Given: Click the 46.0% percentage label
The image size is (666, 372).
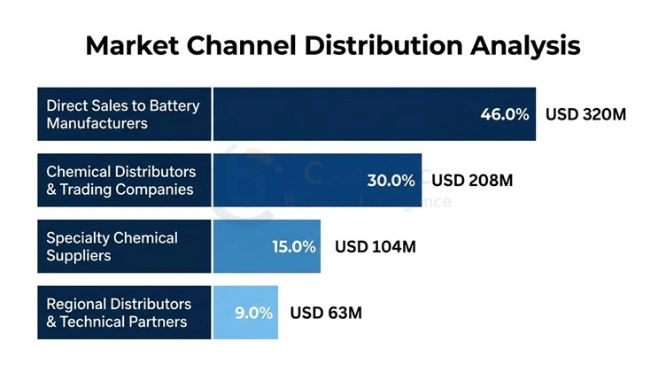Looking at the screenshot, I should tap(504, 114).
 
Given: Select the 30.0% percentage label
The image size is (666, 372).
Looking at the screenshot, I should tap(391, 181).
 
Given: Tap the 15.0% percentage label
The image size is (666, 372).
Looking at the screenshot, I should tap(293, 247).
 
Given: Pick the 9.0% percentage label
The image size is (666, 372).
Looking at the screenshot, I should tap(253, 313).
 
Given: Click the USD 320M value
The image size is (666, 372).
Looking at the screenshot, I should tap(586, 114).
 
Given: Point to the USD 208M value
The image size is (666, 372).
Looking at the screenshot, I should tap(472, 181).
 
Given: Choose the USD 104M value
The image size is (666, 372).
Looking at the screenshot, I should tap(375, 247).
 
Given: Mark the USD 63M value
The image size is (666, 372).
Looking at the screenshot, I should tap(326, 313).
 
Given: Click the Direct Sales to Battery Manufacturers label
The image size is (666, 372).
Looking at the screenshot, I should tap(123, 114).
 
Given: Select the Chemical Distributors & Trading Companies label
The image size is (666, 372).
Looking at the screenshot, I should tap(121, 181).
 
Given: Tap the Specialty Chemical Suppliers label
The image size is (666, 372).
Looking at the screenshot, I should tap(112, 247).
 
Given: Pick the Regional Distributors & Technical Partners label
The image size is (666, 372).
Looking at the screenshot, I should tap(119, 313).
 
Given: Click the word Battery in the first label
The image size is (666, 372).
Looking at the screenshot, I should tap(174, 105).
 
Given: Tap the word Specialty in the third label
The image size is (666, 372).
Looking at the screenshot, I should tap(80, 238).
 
